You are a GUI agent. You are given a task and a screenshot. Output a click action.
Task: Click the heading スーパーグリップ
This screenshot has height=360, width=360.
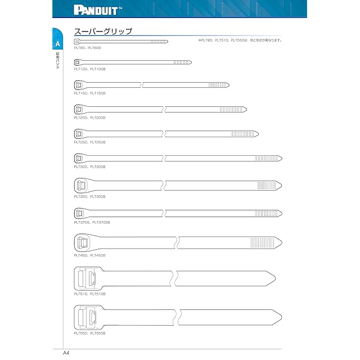[x=103, y=32]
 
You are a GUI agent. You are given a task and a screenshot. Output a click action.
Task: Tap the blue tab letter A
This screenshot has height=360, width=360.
[x=57, y=44]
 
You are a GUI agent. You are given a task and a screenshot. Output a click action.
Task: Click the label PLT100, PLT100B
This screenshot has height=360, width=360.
[x=89, y=69]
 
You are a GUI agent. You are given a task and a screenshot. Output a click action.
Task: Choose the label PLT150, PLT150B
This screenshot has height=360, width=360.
[x=89, y=93]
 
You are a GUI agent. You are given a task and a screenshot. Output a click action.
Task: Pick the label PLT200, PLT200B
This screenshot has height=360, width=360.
[x=89, y=118]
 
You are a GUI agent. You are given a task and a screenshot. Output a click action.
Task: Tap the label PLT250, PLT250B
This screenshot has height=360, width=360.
[x=89, y=142]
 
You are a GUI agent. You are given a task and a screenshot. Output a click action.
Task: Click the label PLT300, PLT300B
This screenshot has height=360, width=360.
[x=89, y=167]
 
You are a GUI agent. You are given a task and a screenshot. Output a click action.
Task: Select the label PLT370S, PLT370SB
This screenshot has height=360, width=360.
[x=92, y=223]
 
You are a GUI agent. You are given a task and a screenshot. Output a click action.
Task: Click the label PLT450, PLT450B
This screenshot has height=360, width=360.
[x=89, y=255]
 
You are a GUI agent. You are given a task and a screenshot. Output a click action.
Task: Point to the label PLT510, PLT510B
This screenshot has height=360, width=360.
[x=89, y=293]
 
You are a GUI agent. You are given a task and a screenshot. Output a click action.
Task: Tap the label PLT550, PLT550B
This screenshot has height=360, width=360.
[x=89, y=333]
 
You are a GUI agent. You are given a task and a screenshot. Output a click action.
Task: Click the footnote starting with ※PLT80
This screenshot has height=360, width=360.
[x=240, y=40]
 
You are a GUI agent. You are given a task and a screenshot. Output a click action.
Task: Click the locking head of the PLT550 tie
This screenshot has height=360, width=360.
[x=87, y=316]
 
